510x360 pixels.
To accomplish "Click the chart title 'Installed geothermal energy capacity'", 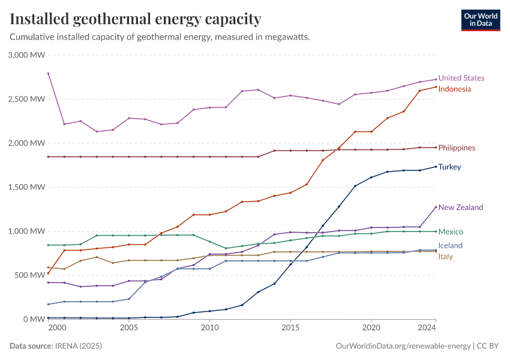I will coord(136,19).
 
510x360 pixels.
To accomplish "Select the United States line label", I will coord(461,78).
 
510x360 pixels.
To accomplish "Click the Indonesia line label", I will coord(454,89).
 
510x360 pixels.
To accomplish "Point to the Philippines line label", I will coord(457,148).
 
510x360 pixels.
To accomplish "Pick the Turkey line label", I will coord(449,167).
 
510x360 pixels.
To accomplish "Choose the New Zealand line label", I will coord(460,207).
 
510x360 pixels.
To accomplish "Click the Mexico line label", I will coord(451,232).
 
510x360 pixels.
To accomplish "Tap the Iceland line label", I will coord(450,245).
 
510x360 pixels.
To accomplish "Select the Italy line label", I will coord(445,257).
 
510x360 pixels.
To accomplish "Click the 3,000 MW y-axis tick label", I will coord(27,55).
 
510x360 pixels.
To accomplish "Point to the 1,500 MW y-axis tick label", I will coord(27,187).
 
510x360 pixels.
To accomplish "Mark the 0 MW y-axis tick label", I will coord(34,319).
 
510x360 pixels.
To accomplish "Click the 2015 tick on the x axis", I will coord(290,328).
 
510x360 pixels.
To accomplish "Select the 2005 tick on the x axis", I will coord(129,328).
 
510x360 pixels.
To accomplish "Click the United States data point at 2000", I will coord(48,73).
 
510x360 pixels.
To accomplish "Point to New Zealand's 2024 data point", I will coord(436,207).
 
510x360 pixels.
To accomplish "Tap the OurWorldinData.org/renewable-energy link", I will coord(403,346).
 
